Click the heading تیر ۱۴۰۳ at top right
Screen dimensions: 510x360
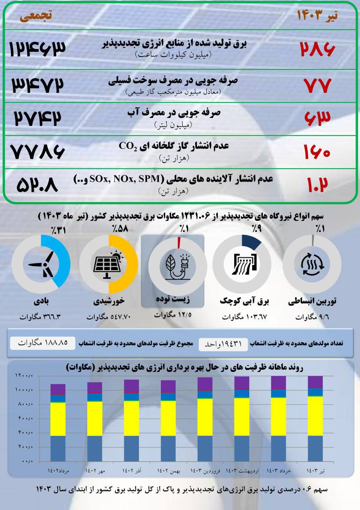tap(317, 16)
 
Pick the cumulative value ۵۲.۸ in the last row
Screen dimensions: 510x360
tap(37, 186)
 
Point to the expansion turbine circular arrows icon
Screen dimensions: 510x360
tap(312, 264)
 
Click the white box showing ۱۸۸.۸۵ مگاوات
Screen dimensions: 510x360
tap(42, 343)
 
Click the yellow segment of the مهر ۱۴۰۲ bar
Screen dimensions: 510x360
tap(95, 418)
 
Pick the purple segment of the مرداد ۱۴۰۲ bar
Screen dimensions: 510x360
tap(58, 389)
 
